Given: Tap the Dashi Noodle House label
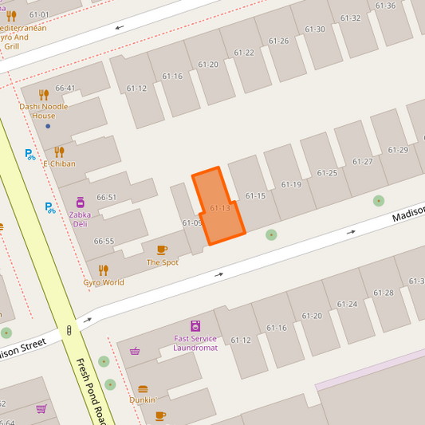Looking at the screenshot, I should [44, 111].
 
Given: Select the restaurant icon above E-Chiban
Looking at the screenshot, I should [59, 152].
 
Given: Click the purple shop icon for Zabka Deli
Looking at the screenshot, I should [80, 203].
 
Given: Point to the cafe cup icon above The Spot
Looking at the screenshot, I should [162, 250].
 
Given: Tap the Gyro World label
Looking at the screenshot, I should [104, 282].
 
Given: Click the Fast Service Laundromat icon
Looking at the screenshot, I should [195, 325].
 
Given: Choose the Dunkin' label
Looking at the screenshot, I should [142, 399].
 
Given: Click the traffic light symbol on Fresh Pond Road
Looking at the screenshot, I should [69, 329].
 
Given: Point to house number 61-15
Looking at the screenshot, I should [255, 195].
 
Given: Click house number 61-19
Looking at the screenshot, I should [291, 184].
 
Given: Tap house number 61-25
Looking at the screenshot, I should [327, 172].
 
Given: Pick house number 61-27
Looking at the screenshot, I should [363, 161].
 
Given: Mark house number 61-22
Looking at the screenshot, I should [244, 53].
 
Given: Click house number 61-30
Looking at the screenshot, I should [314, 30].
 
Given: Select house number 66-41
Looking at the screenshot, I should [65, 88].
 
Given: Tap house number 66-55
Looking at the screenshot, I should [104, 241].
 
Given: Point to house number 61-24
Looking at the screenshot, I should [347, 304].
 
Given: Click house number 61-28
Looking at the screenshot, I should [384, 293].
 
